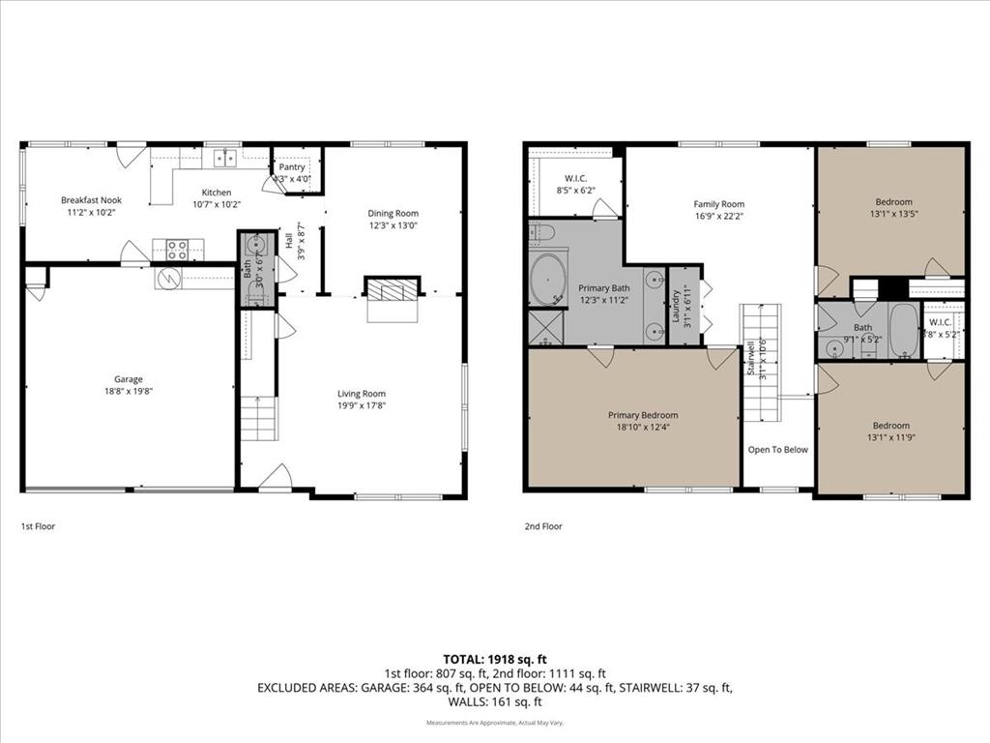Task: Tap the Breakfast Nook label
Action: tap(91, 200)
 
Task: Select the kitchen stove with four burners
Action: tap(177, 251)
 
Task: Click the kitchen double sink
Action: tap(225, 158)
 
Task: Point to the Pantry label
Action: tap(292, 167)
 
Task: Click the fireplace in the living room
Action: tap(393, 288)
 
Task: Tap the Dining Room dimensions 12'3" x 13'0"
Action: tap(393, 225)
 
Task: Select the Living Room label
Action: tap(362, 393)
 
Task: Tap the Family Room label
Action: tap(719, 204)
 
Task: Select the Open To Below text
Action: tap(777, 449)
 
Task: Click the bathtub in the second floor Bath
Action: tap(903, 330)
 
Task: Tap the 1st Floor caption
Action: tap(38, 526)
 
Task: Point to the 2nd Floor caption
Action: tap(542, 526)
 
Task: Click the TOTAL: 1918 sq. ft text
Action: tap(494, 658)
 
